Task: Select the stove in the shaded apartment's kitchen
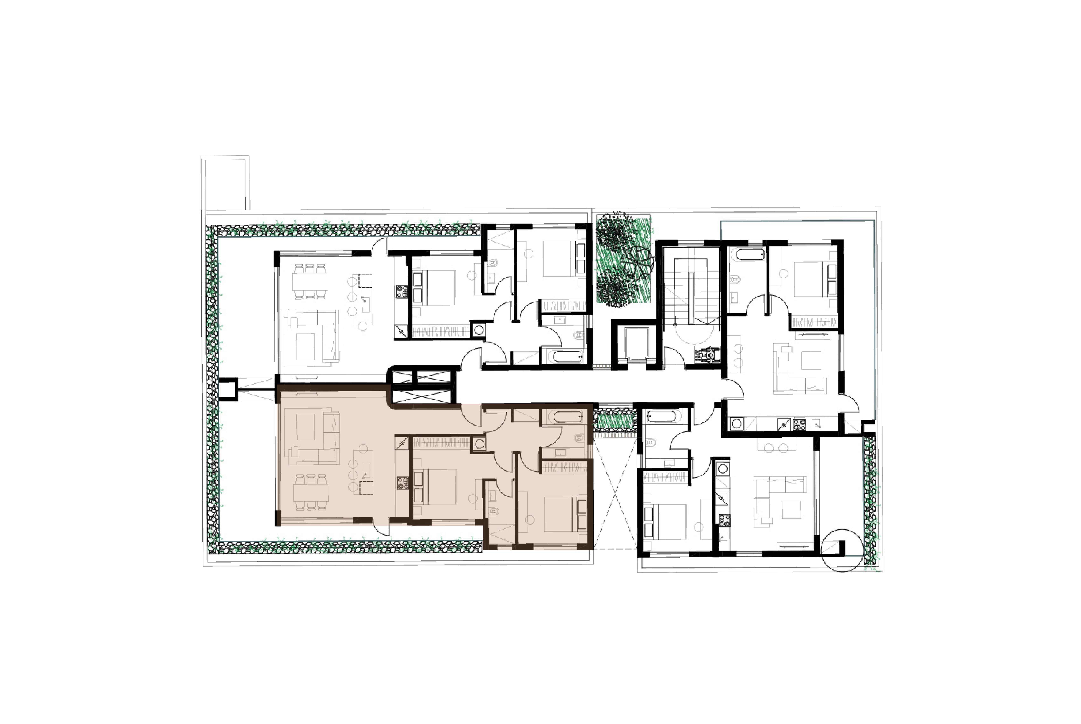(402, 483)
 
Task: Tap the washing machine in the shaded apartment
(479, 444)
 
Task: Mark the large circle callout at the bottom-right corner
(842, 550)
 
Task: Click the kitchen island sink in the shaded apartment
(367, 471)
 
